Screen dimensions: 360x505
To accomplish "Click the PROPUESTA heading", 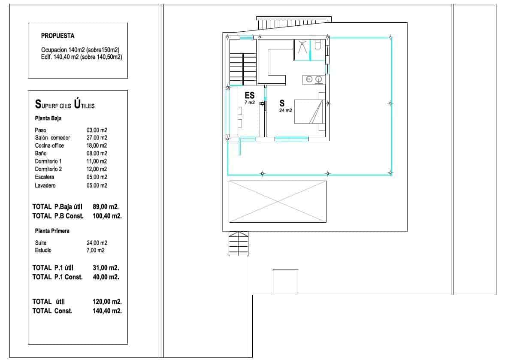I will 57,36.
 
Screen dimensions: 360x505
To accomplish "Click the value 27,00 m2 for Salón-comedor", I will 97,138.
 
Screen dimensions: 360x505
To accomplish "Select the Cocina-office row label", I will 49,145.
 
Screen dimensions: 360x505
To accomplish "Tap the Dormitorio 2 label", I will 48,169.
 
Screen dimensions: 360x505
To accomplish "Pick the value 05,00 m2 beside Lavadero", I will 97,186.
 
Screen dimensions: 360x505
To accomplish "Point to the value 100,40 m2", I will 107,216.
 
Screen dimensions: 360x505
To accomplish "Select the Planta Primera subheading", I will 52,231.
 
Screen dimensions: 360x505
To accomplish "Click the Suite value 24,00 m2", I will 97,243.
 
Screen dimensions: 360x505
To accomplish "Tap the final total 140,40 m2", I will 107,311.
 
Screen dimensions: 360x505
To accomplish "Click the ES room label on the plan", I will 249,96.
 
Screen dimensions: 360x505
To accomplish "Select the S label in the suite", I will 282,103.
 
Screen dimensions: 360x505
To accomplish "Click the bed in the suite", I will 309,111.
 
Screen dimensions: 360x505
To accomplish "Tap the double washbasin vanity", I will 313,79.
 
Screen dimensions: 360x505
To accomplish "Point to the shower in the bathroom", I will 302,47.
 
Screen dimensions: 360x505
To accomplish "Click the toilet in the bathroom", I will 318,45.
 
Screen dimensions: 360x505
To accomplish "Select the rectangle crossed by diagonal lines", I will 278,201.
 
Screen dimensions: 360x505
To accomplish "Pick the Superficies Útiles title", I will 64,104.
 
